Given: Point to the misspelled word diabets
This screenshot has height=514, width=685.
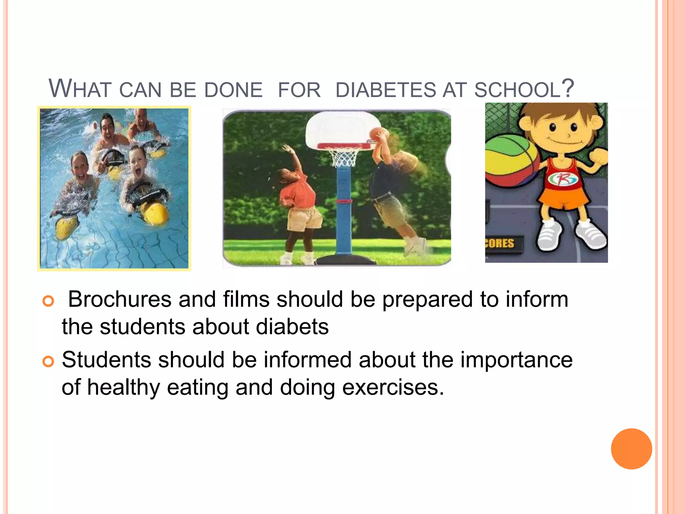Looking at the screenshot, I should (x=292, y=327).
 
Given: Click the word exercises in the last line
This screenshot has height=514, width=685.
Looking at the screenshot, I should (x=393, y=387).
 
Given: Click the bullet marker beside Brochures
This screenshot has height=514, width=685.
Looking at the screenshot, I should (x=48, y=301).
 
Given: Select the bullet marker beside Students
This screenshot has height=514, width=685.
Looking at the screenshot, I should (x=48, y=362).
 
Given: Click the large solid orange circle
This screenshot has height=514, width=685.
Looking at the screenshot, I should (x=631, y=449).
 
